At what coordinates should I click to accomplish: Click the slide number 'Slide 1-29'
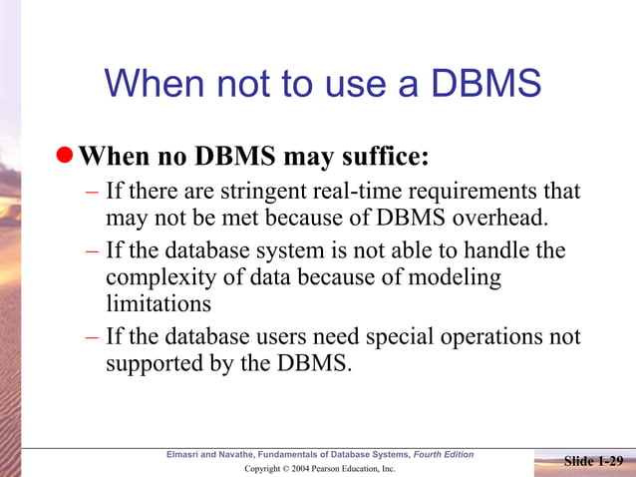click(x=594, y=461)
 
